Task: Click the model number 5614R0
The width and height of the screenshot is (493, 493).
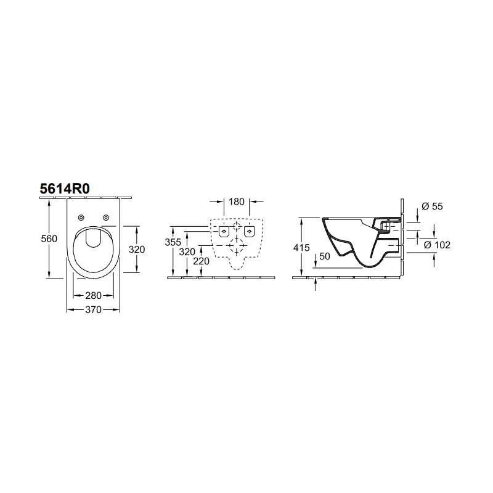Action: (x=65, y=189)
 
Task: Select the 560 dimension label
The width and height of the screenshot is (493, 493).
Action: (x=49, y=239)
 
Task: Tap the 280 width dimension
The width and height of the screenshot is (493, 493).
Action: (x=94, y=296)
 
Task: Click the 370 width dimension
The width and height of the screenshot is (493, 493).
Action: (x=94, y=310)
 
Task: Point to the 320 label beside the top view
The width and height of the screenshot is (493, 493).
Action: (x=137, y=250)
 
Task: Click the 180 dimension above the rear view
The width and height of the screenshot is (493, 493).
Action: (x=237, y=202)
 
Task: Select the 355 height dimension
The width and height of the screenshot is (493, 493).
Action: (x=173, y=242)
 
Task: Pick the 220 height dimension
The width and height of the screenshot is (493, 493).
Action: (x=202, y=261)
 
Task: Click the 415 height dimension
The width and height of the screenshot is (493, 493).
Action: (x=301, y=248)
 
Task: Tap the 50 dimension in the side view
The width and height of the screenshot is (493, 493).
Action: (x=325, y=256)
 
